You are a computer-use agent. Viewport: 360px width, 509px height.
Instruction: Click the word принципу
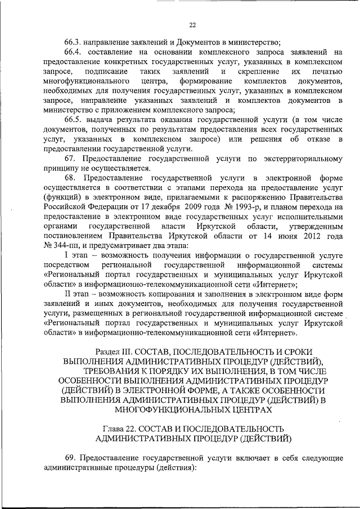click(58, 168)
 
